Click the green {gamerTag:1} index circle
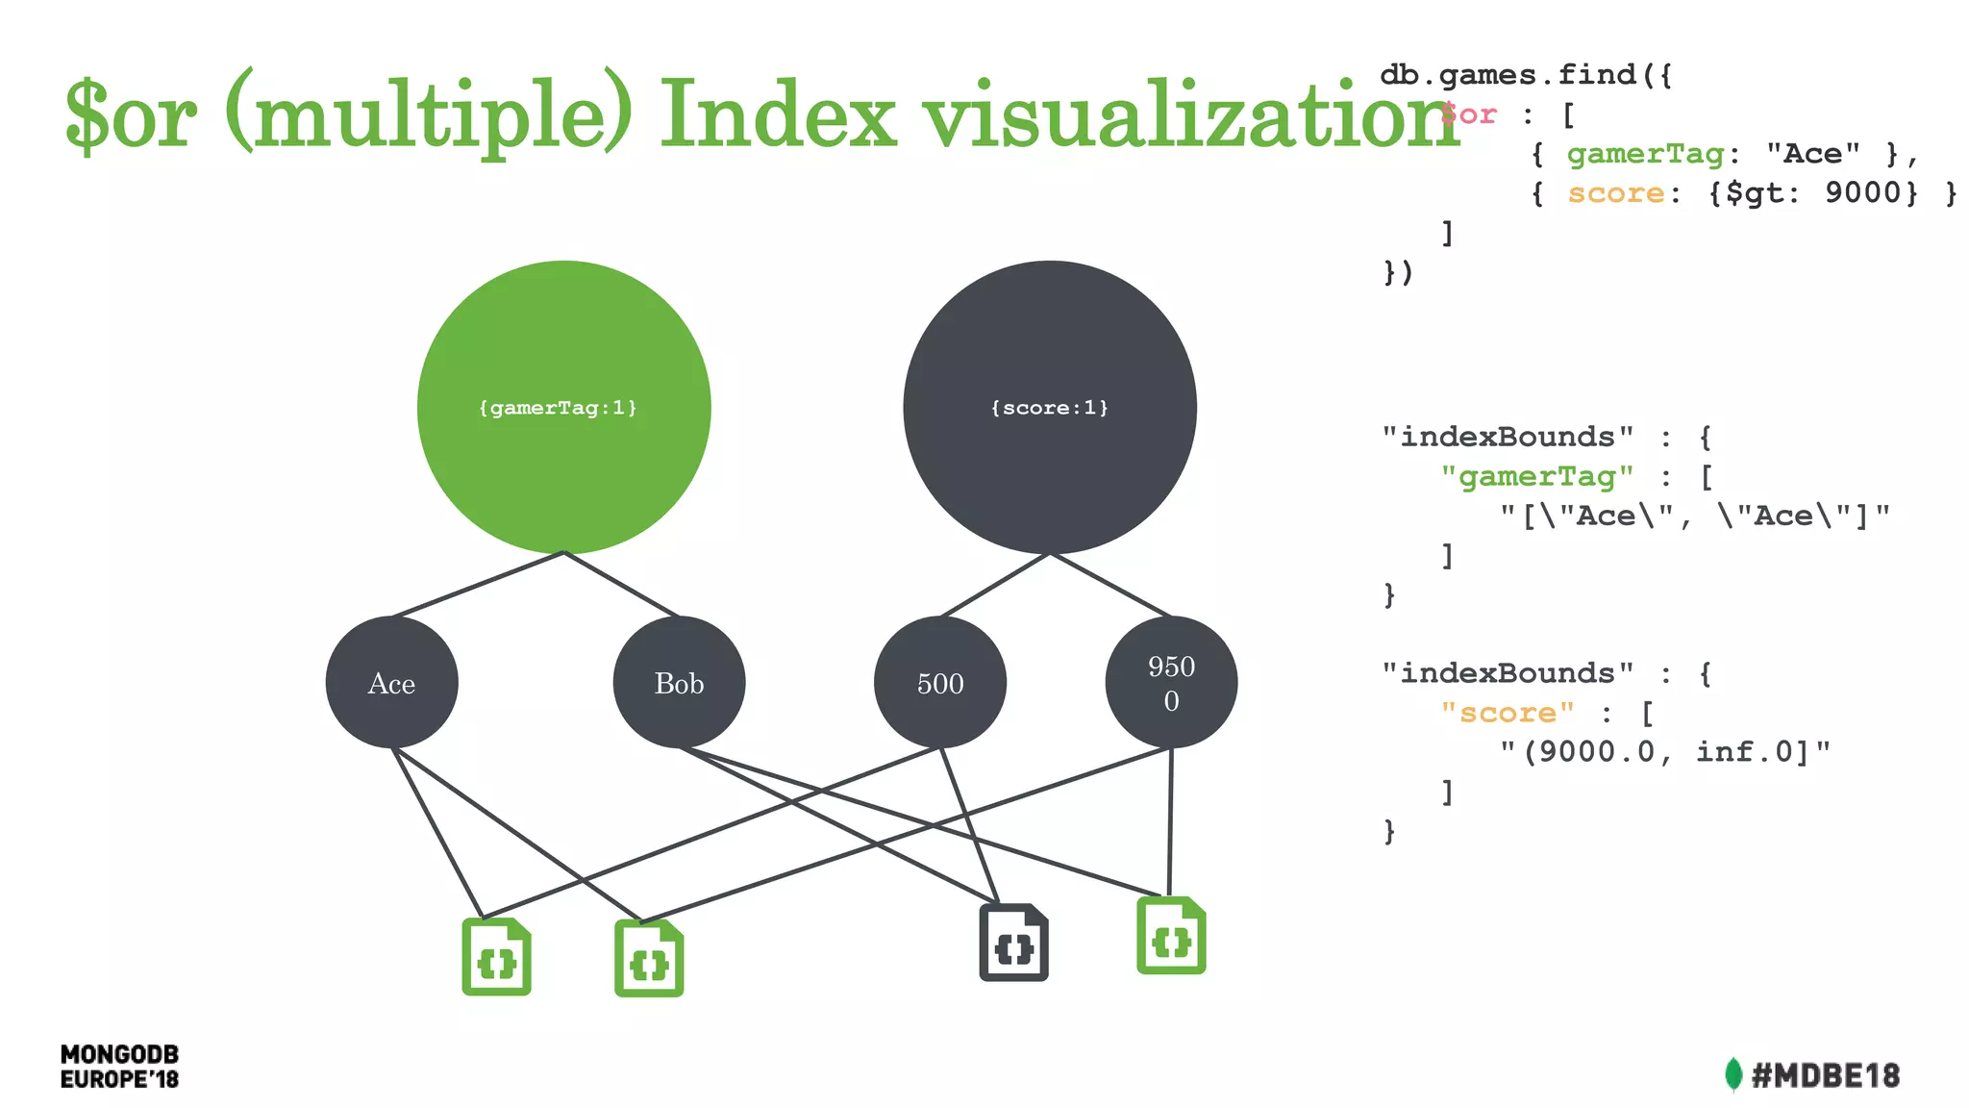point(563,407)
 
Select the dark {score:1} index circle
point(1049,407)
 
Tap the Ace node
point(391,683)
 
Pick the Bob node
point(679,683)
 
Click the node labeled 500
point(939,683)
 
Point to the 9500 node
point(1171,683)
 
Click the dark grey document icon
point(1013,944)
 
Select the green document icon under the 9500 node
point(1171,936)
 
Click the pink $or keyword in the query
point(1469,114)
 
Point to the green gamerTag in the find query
point(1645,154)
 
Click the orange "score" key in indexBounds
point(1508,713)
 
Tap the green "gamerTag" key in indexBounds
point(1536,477)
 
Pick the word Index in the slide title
point(777,115)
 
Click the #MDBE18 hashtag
point(1825,1075)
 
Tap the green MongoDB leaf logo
point(1732,1075)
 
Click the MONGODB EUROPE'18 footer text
point(119,1067)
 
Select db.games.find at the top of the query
point(1508,75)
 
